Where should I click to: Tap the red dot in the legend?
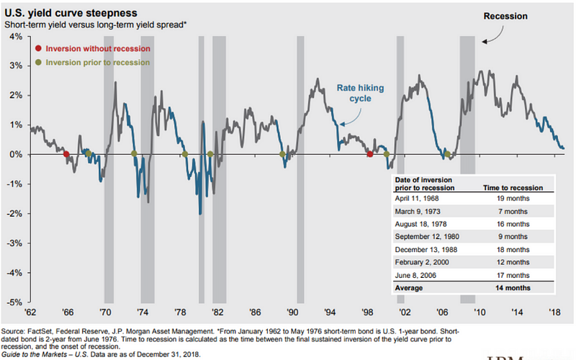[37, 48]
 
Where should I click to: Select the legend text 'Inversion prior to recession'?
[97, 63]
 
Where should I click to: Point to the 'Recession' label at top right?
[507, 15]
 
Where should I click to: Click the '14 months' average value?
[513, 287]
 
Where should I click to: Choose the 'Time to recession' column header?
[513, 187]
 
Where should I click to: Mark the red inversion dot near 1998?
[370, 154]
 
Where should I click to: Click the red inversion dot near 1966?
[66, 154]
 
